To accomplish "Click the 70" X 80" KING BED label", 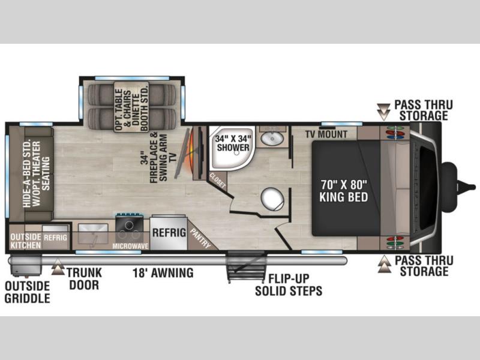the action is click(x=343, y=191).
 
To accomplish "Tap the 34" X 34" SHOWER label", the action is click(x=233, y=143).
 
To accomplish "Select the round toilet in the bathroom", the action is click(x=272, y=199).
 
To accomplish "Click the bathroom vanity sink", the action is click(x=272, y=139).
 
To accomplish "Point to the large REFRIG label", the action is click(x=169, y=232).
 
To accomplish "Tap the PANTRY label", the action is click(x=200, y=238).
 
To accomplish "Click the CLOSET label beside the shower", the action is click(x=217, y=181).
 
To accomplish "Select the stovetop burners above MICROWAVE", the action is click(x=130, y=230).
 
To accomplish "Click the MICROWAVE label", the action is click(x=130, y=246).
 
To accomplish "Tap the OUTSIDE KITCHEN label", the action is click(x=26, y=241).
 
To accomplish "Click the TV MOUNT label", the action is click(x=326, y=134).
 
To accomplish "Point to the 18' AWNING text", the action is click(x=163, y=273).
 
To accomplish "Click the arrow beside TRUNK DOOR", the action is click(x=58, y=267).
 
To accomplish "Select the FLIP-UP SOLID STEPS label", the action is click(x=289, y=284).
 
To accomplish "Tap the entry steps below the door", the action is click(x=245, y=266).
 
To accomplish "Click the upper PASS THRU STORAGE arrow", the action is click(x=383, y=112).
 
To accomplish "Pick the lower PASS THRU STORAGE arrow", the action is click(x=385, y=265).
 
